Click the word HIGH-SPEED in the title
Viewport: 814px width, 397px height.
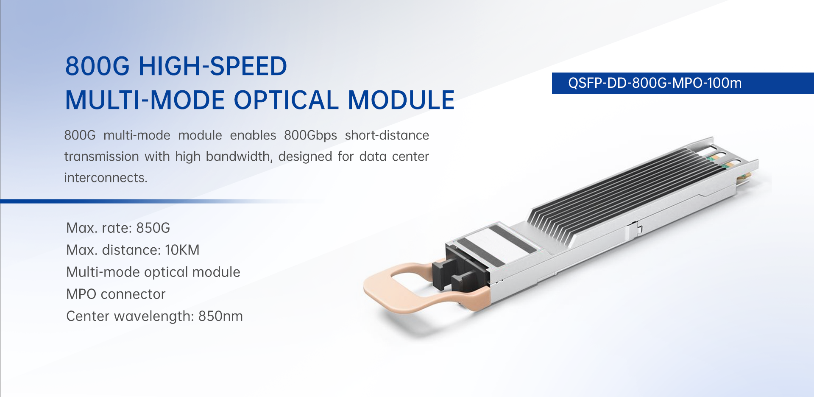coord(213,66)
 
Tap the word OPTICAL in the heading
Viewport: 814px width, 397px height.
coord(286,100)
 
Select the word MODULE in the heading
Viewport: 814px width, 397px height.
coord(401,100)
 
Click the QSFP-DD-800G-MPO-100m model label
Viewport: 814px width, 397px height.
coord(655,83)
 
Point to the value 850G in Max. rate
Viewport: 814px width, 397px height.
coord(153,228)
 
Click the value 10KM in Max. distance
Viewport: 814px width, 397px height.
coord(182,250)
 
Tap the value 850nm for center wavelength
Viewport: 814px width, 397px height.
coord(220,316)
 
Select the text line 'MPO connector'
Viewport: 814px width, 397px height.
coord(116,294)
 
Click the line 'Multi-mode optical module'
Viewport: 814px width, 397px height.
coord(153,272)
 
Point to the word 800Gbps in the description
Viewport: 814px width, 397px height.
coord(310,136)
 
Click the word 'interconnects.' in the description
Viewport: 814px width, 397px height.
coord(106,178)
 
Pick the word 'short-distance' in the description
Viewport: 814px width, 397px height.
coord(387,135)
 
